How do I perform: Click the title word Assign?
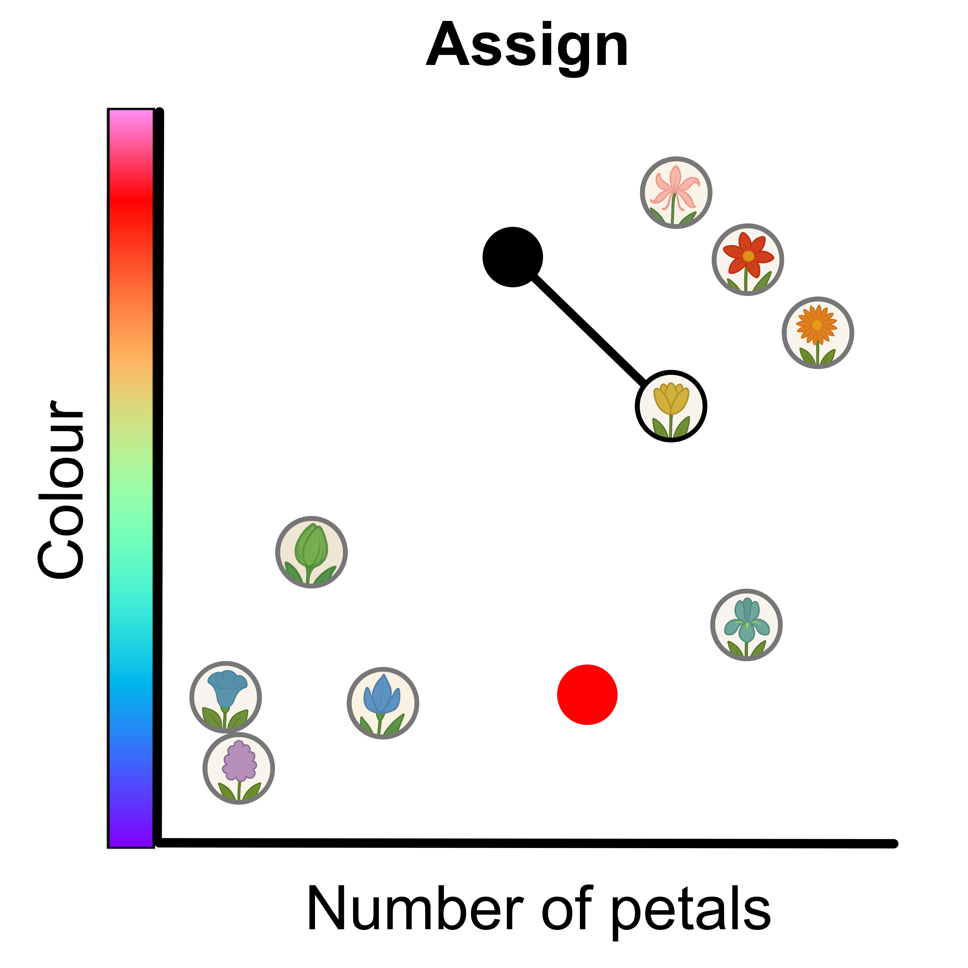[x=527, y=46]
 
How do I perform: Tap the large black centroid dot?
[x=513, y=257]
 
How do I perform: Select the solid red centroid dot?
[x=587, y=695]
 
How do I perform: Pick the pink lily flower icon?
[x=676, y=192]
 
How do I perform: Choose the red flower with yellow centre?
[x=748, y=260]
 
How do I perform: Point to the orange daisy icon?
[x=818, y=333]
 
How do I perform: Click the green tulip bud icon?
[x=311, y=552]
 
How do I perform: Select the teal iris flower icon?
[x=746, y=625]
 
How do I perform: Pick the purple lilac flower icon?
[x=238, y=768]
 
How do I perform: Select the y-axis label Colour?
[x=61, y=489]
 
